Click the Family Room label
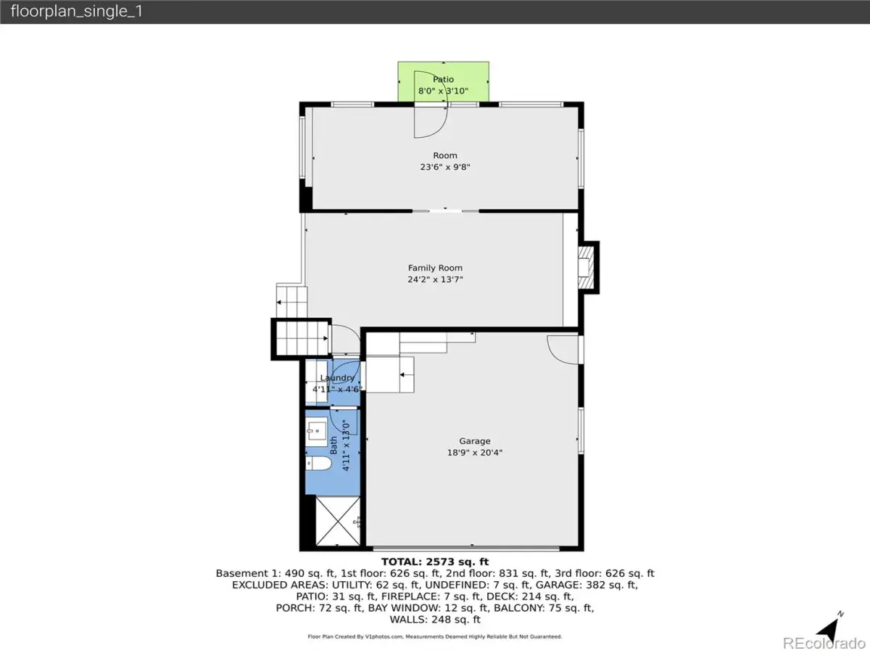pyautogui.click(x=435, y=268)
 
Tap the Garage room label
pyautogui.click(x=474, y=441)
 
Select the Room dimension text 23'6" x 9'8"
pyautogui.click(x=444, y=167)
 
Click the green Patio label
pyautogui.click(x=443, y=79)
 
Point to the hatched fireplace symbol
pyautogui.click(x=586, y=268)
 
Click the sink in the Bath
pyautogui.click(x=316, y=432)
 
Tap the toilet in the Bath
pyautogui.click(x=318, y=463)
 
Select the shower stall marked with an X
pyautogui.click(x=338, y=521)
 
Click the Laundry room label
pyautogui.click(x=337, y=378)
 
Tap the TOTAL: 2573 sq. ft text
pyautogui.click(x=435, y=562)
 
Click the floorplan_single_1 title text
pyautogui.click(x=77, y=11)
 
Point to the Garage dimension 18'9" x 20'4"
pyautogui.click(x=475, y=452)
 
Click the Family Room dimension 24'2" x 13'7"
pyautogui.click(x=435, y=279)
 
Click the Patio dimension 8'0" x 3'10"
pyautogui.click(x=443, y=91)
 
